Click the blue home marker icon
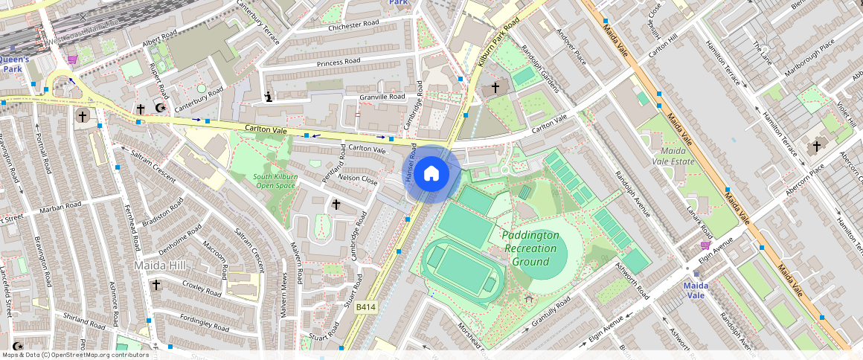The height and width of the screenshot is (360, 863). (x=431, y=174)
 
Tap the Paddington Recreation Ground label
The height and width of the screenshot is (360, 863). (x=530, y=248)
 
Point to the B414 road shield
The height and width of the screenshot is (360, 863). (x=366, y=306)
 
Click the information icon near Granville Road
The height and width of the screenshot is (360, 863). (x=268, y=96)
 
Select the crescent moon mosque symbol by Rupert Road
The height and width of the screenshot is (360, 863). (x=159, y=109)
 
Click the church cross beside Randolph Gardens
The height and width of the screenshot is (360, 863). (x=495, y=89)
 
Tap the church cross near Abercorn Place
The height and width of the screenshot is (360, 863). (x=817, y=147)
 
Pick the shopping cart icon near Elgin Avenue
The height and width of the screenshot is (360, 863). (x=705, y=245)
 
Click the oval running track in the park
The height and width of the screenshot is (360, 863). (x=461, y=271)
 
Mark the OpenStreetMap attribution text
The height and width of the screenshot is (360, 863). (x=76, y=355)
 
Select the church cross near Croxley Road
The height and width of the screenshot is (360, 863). (x=156, y=285)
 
